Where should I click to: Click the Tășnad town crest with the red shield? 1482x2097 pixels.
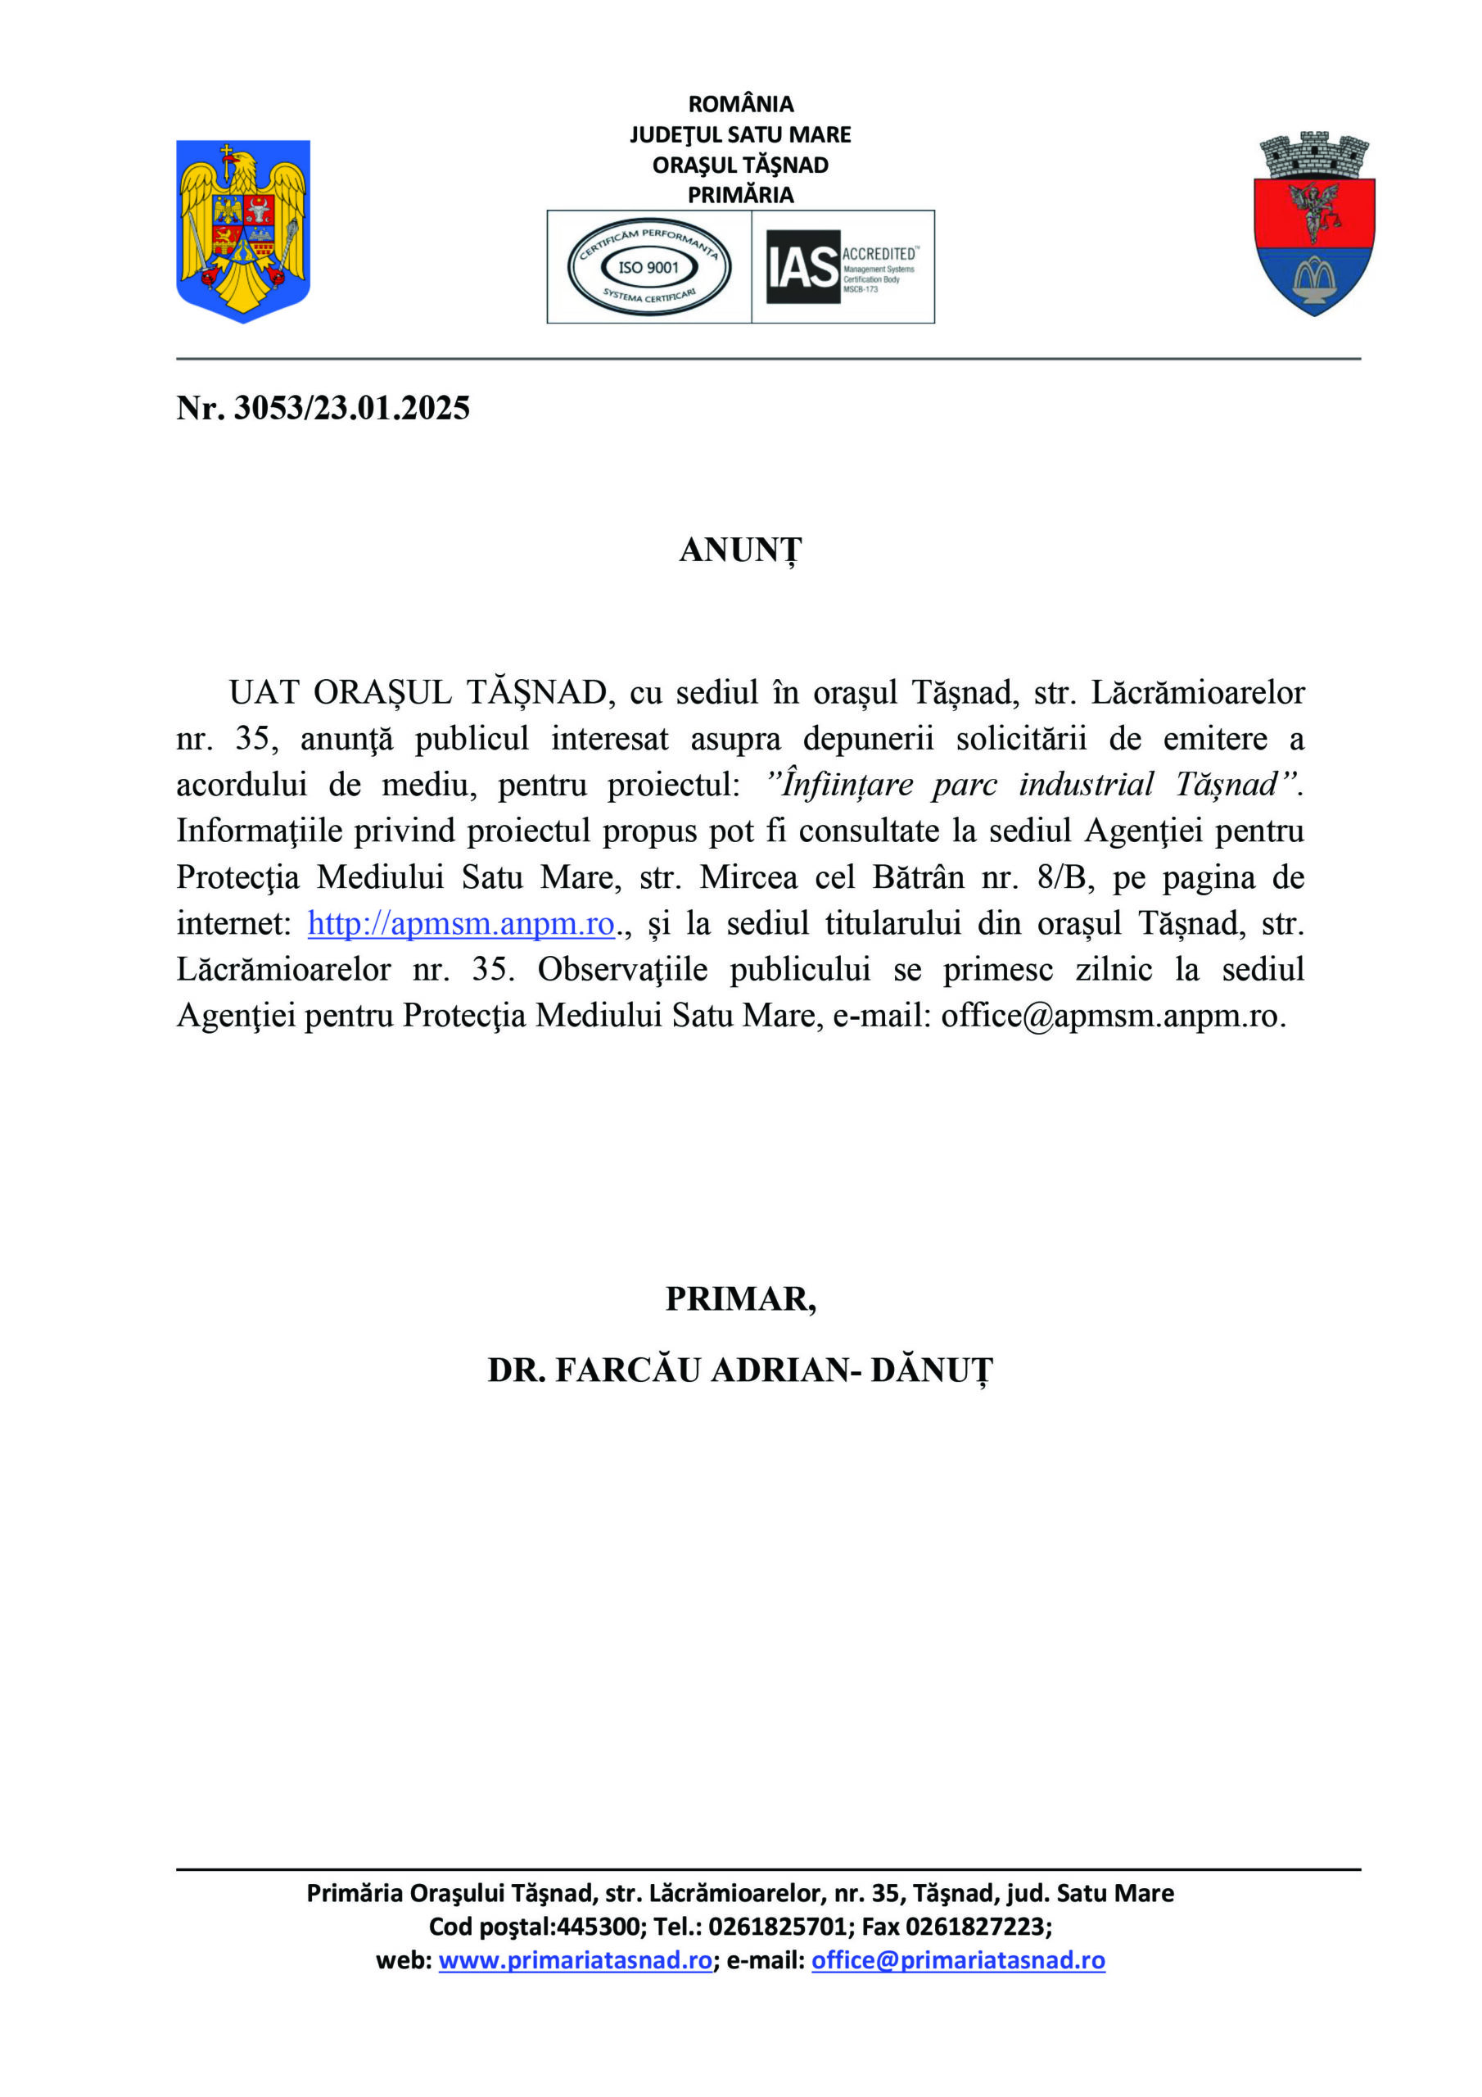point(1314,224)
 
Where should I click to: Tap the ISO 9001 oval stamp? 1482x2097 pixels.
point(648,267)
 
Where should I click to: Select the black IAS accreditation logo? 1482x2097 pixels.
point(802,267)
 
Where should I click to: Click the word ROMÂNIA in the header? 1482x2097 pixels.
point(740,104)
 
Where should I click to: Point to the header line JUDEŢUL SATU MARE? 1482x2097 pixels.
point(740,135)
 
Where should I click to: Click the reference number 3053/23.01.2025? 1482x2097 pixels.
point(351,408)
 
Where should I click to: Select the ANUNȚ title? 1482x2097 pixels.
point(740,550)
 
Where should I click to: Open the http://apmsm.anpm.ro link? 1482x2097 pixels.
point(461,923)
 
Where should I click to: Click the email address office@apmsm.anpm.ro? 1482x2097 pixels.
point(1112,1016)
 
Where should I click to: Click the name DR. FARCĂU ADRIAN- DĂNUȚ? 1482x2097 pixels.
point(740,1370)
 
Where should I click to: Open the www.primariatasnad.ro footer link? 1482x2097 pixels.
point(576,1961)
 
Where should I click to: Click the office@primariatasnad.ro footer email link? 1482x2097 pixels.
point(958,1961)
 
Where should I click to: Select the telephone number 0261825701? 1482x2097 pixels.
point(778,1927)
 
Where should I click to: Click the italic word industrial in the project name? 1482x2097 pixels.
point(1087,785)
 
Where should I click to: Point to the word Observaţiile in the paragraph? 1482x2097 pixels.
point(623,970)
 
